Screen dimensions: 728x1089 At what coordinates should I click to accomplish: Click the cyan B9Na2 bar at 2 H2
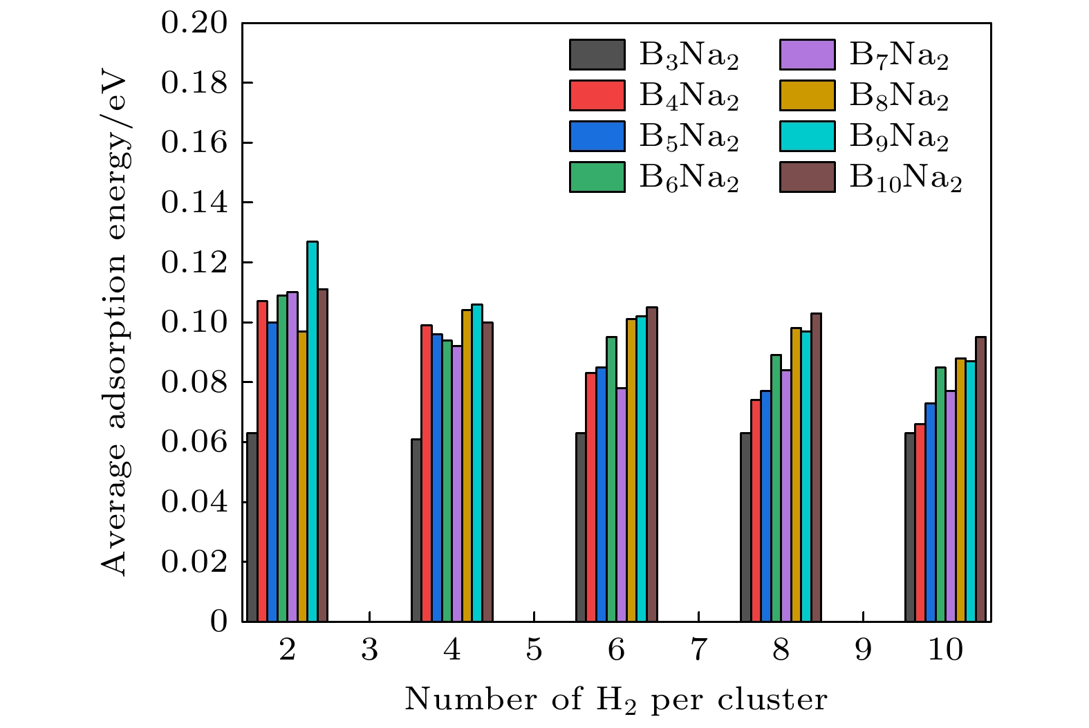(x=313, y=432)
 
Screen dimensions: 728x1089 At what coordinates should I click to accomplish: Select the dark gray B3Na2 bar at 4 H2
(x=416, y=530)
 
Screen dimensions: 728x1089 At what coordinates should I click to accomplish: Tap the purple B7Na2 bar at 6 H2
(x=622, y=505)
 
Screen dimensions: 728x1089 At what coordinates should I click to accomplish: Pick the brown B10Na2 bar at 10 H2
(x=980, y=479)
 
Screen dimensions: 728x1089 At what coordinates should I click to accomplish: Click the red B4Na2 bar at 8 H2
(x=756, y=510)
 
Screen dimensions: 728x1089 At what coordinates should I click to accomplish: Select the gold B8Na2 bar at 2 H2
(x=302, y=476)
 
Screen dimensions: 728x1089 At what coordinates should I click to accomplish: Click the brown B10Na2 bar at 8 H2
(x=816, y=467)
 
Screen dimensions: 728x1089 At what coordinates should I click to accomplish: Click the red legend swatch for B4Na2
(x=597, y=95)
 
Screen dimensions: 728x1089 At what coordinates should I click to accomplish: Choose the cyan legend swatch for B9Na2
(x=807, y=136)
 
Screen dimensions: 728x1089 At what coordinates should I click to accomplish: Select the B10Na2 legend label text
(x=905, y=178)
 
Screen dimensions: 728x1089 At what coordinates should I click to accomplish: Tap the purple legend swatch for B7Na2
(x=807, y=55)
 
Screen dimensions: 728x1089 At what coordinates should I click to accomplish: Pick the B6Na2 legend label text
(x=689, y=178)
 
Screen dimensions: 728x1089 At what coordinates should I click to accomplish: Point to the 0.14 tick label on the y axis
(x=194, y=203)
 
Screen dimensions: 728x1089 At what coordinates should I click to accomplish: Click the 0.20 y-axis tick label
(x=194, y=24)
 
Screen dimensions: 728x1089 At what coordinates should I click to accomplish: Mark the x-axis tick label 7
(x=698, y=651)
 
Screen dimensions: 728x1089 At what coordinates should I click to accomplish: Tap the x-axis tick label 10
(x=945, y=651)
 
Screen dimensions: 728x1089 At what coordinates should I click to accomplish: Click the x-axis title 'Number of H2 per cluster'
(x=615, y=700)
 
